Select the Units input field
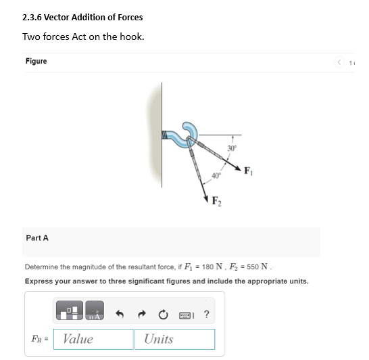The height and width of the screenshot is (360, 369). coord(174,339)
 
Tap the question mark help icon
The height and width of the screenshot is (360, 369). coord(206,313)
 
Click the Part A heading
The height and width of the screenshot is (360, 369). coord(37,238)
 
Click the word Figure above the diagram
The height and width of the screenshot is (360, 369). coord(36,62)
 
